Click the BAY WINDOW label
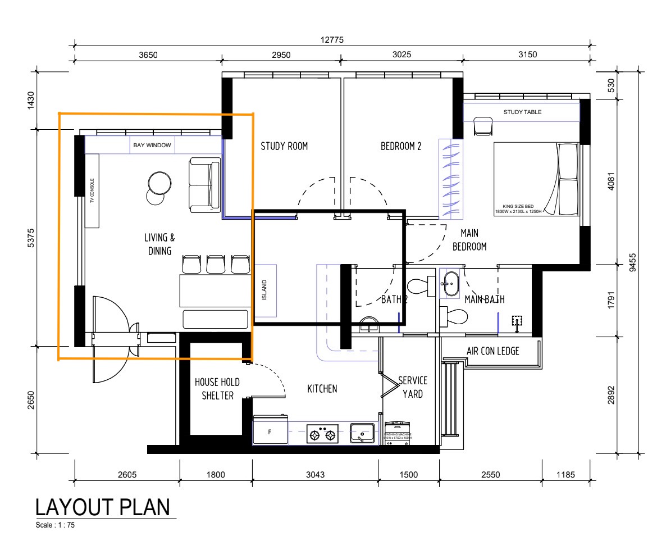(x=146, y=146)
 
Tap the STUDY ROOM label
(x=284, y=147)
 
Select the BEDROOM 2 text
(x=401, y=147)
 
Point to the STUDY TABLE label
(x=522, y=112)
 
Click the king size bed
(x=536, y=179)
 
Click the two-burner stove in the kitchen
(x=323, y=434)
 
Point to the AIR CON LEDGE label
(x=492, y=352)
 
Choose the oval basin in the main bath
(x=449, y=280)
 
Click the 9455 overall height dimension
(x=633, y=262)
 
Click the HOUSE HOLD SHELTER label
(x=217, y=389)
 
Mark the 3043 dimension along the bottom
(x=314, y=474)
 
